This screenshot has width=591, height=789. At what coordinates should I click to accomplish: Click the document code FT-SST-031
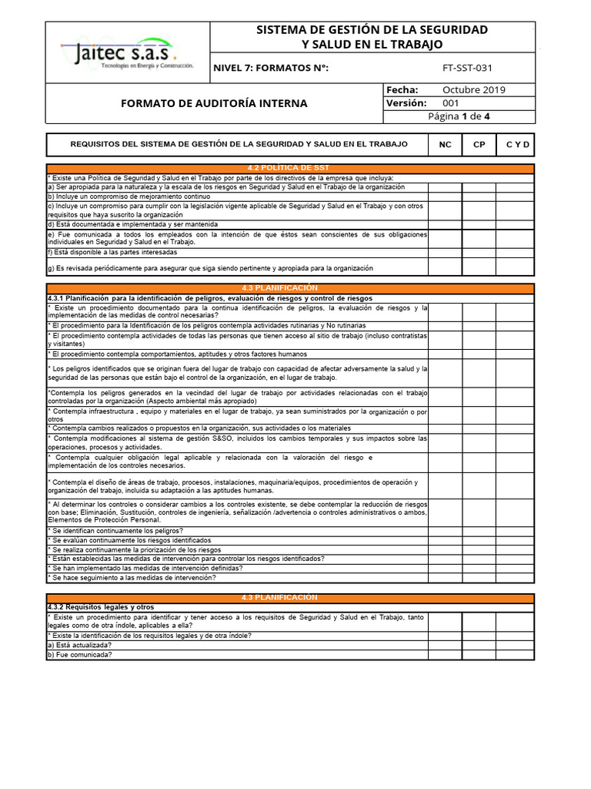(x=467, y=68)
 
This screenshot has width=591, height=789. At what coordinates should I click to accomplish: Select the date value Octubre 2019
(x=474, y=89)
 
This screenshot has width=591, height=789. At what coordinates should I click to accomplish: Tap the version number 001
(x=451, y=103)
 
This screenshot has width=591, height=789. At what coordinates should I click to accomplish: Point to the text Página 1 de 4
(x=459, y=116)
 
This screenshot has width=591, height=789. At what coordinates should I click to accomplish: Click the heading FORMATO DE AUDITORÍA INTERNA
(x=215, y=103)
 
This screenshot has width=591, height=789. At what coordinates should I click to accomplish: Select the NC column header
(x=445, y=145)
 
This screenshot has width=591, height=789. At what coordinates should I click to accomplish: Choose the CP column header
(x=479, y=145)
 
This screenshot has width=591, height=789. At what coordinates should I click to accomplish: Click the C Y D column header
(x=517, y=145)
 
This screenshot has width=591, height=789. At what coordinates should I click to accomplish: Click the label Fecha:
(x=402, y=89)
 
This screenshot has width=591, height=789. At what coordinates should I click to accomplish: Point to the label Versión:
(x=406, y=103)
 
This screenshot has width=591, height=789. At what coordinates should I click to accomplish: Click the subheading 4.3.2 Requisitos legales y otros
(x=101, y=607)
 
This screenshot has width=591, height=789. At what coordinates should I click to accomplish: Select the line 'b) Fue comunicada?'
(x=80, y=655)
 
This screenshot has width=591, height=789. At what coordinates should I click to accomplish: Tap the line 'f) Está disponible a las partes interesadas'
(x=112, y=252)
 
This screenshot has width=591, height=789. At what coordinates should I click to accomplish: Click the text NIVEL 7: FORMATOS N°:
(x=270, y=68)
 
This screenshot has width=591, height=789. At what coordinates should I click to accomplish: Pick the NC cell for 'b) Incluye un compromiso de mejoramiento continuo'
(x=445, y=197)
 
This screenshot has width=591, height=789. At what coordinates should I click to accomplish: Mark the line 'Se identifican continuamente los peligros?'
(x=116, y=531)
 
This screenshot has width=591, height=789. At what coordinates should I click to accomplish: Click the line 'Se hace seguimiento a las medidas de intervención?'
(x=132, y=577)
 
